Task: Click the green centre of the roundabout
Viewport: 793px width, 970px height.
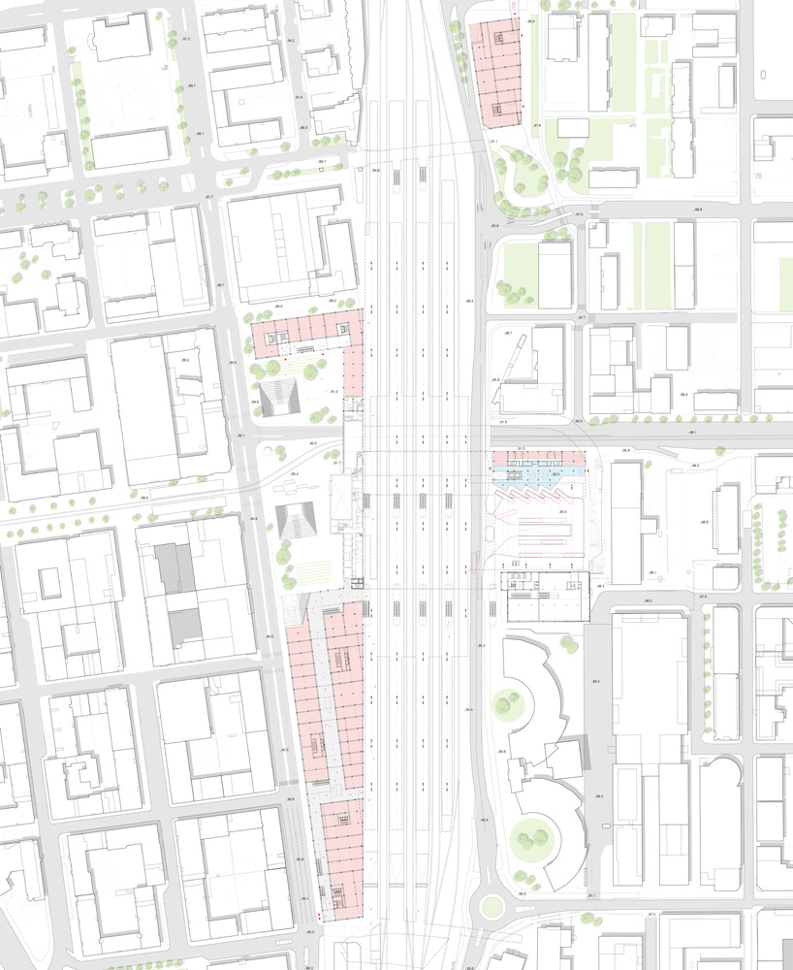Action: pos(492,909)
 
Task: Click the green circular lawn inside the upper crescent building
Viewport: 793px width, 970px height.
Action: pos(506,700)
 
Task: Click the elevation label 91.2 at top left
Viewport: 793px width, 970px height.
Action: pos(185,38)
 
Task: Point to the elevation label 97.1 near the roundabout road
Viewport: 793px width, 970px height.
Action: pos(591,896)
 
